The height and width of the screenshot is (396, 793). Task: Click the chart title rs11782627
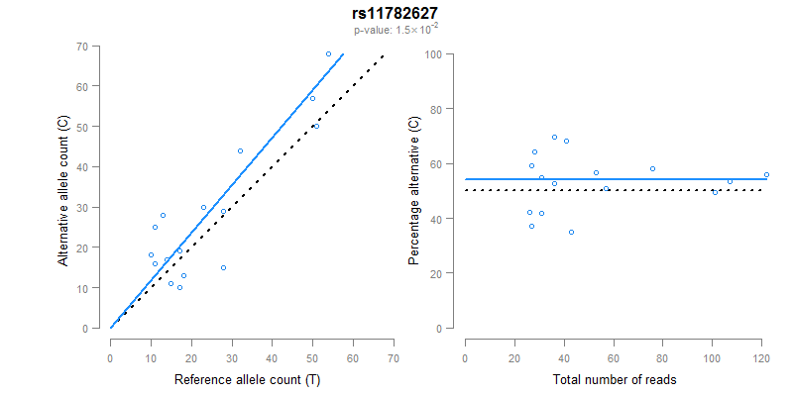click(x=396, y=13)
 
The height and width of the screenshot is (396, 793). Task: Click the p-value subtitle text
click(x=396, y=30)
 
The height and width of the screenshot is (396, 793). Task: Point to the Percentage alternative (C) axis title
click(x=414, y=191)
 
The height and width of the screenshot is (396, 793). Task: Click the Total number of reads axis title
click(x=615, y=379)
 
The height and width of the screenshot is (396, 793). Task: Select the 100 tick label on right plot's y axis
click(x=433, y=53)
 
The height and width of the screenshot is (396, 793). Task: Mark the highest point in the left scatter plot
click(x=328, y=53)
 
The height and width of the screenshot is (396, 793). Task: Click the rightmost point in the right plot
click(x=766, y=174)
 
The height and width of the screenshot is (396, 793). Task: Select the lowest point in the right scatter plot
click(x=571, y=232)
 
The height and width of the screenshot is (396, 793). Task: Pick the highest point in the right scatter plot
click(x=554, y=138)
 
